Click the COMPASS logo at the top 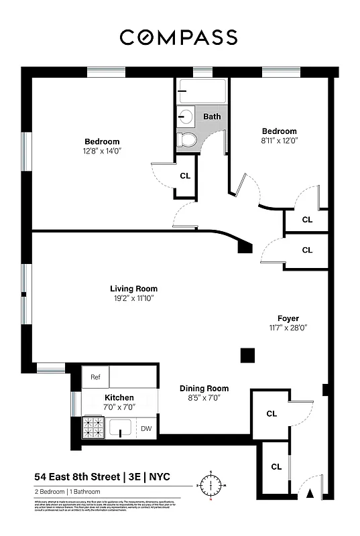(x=178, y=38)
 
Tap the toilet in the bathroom (x=187, y=140)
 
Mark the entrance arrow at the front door (x=310, y=494)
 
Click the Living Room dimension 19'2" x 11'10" (x=134, y=298)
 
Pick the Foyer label (x=288, y=318)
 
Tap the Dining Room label (x=204, y=389)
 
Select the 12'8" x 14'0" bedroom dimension (x=102, y=151)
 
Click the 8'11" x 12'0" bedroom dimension (x=279, y=141)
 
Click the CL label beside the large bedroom (x=185, y=176)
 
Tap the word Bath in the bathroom (x=212, y=117)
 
